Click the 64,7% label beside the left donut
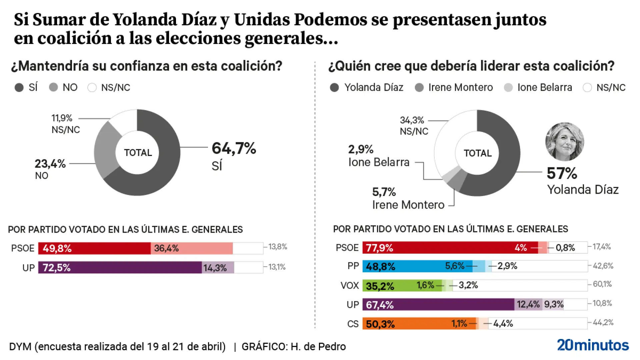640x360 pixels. pyautogui.click(x=234, y=148)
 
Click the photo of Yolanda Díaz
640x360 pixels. pyautogui.click(x=565, y=141)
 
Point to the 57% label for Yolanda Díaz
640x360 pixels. pyautogui.click(x=562, y=173)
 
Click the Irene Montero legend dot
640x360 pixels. pyautogui.click(x=419, y=88)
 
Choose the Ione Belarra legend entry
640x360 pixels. pyautogui.click(x=544, y=88)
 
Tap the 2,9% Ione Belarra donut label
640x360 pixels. pyautogui.click(x=361, y=149)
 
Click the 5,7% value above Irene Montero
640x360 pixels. pyautogui.click(x=384, y=192)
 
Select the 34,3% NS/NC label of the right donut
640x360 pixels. pyautogui.click(x=412, y=120)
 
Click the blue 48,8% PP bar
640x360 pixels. pyautogui.click(x=417, y=266)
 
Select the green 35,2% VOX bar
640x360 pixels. pyautogui.click(x=400, y=286)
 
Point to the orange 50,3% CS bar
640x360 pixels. pyautogui.click(x=417, y=324)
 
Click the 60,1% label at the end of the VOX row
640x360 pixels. pyautogui.click(x=602, y=284)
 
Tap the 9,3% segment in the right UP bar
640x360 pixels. pyautogui.click(x=553, y=304)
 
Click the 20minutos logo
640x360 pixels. pyautogui.click(x=593, y=345)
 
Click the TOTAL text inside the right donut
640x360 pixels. pyautogui.click(x=477, y=153)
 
